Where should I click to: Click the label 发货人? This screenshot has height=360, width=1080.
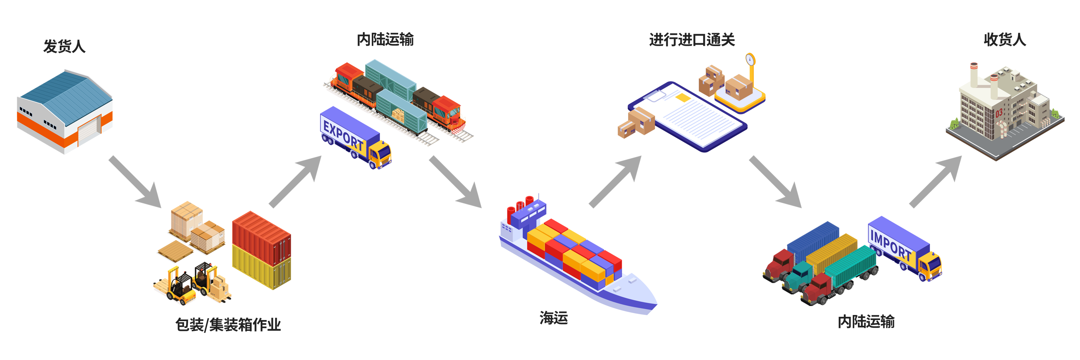point(64,46)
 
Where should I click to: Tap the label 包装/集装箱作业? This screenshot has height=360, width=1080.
point(228,324)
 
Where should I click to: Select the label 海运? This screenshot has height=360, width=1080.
point(553,318)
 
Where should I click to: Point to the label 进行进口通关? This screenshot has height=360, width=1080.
point(692,40)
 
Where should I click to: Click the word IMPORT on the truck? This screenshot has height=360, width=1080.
point(891,245)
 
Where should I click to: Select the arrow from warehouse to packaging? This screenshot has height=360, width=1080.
point(135,182)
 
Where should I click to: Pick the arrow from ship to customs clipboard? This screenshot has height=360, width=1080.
point(615,181)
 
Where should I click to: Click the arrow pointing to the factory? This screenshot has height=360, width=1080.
point(935,181)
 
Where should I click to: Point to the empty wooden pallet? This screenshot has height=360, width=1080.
point(176,251)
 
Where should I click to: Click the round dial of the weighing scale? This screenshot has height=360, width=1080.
point(750,59)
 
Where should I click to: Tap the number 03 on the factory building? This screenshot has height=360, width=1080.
point(999,113)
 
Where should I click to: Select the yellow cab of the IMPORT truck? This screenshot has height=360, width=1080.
point(930,266)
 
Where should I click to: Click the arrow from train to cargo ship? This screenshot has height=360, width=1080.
point(455,182)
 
